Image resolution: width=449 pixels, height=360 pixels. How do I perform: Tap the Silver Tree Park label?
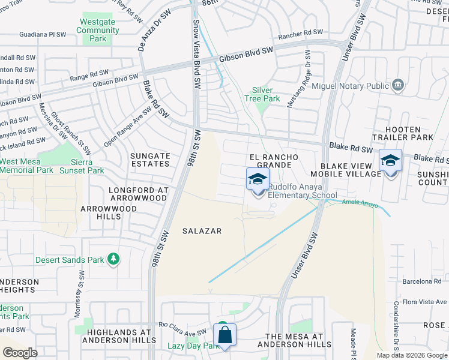(262, 94)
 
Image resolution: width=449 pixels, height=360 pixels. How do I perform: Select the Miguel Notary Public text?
(352, 86)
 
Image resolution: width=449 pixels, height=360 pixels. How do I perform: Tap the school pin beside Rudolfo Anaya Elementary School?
(258, 179)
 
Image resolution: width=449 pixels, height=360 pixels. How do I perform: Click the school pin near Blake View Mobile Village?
(390, 161)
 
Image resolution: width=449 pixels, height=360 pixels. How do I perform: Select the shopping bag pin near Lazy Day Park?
(224, 335)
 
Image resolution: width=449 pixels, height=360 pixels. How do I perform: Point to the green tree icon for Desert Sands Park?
(113, 260)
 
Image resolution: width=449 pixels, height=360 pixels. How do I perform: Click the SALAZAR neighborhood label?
(202, 231)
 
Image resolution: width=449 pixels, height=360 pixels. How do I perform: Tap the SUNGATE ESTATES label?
(150, 160)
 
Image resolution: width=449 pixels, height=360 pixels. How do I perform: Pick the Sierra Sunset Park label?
(82, 166)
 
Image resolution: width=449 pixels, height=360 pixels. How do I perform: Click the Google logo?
(20, 352)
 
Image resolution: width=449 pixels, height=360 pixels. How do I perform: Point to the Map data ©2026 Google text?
(411, 355)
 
